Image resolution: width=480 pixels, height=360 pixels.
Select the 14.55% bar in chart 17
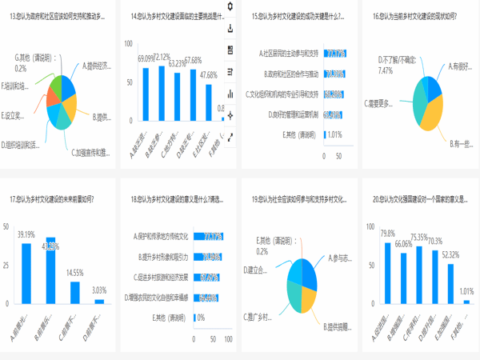[x=75, y=293]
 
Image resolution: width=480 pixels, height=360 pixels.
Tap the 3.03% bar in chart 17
[x=99, y=302]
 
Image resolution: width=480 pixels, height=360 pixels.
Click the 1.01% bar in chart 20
[x=467, y=302]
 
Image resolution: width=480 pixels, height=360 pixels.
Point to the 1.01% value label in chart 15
[x=335, y=134]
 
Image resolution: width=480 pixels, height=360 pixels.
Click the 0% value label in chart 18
[x=202, y=318]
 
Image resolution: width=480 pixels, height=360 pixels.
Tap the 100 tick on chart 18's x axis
[x=229, y=338]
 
